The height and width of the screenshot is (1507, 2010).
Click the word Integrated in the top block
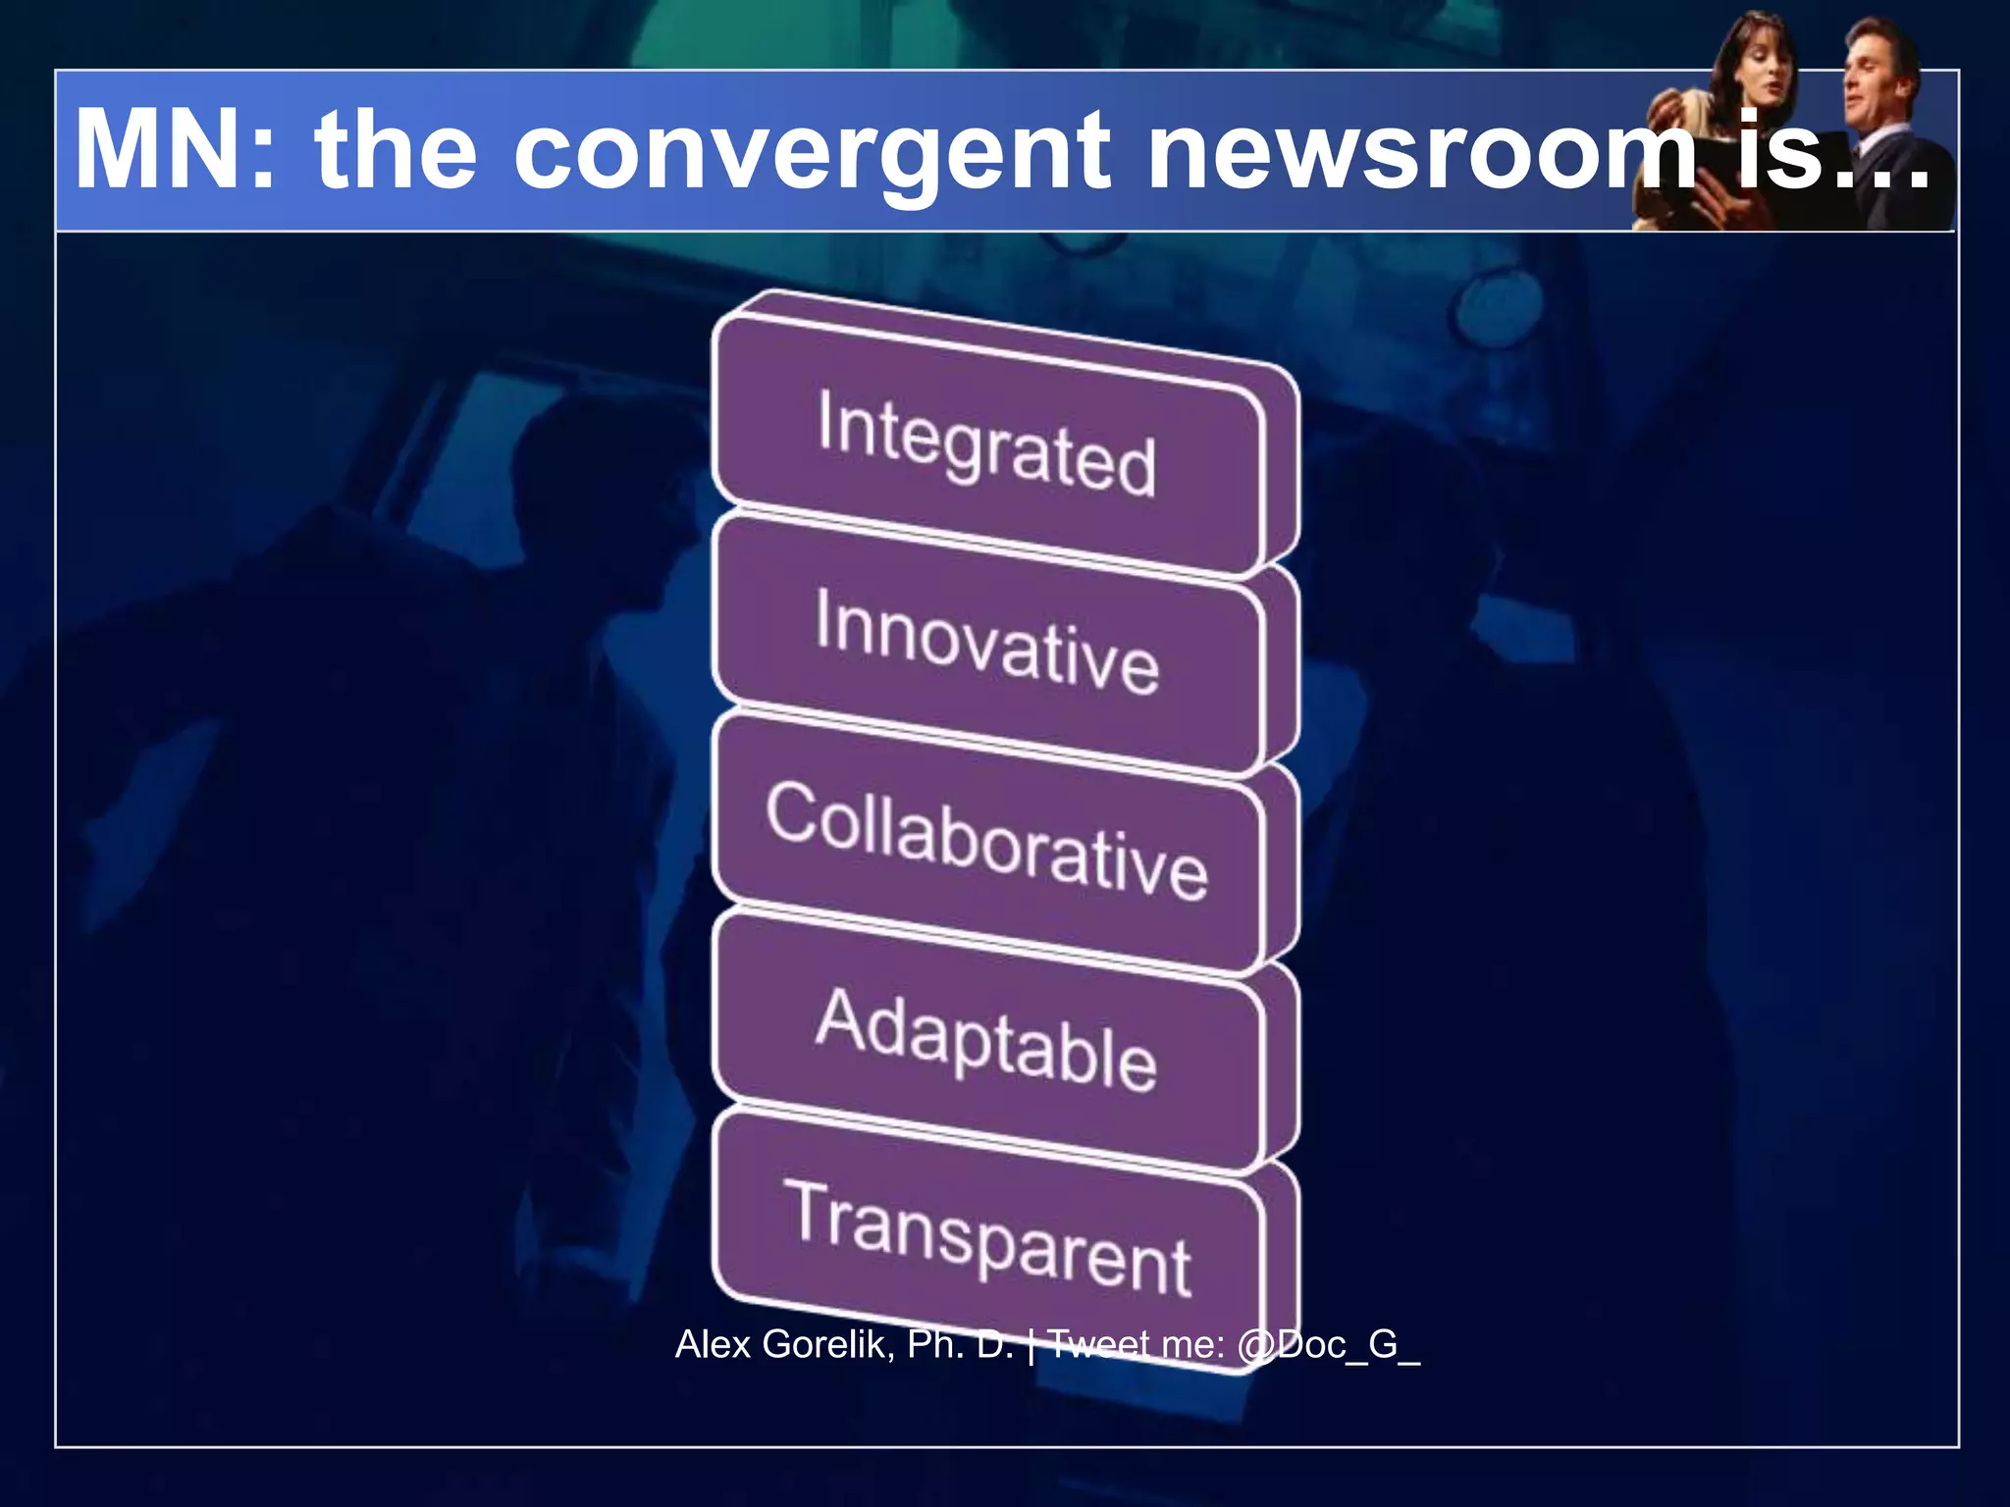986,443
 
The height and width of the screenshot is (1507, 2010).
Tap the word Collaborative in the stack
986,842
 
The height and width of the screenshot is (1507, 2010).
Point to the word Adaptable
986,1040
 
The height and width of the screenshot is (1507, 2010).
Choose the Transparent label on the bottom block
986,1239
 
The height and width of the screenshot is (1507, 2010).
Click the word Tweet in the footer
1099,1344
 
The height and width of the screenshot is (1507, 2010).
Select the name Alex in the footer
713,1344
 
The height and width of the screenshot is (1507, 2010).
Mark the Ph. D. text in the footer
960,1344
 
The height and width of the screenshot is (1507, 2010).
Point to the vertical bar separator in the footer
1031,1344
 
